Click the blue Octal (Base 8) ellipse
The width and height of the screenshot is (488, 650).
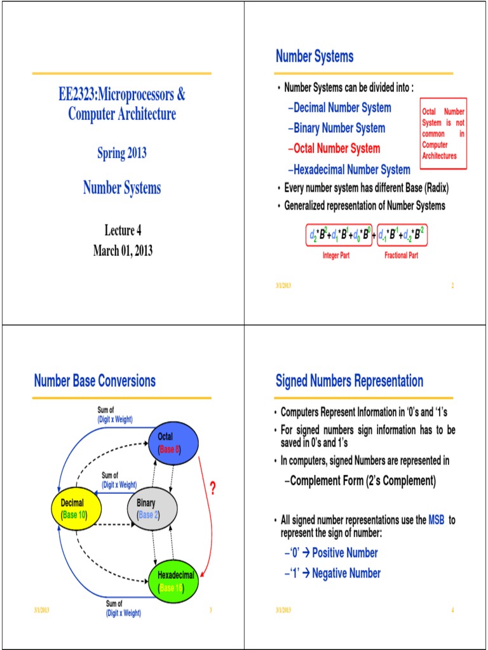(x=173, y=442)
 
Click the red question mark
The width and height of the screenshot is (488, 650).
(x=213, y=488)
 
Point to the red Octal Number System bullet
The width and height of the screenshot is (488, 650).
(x=334, y=149)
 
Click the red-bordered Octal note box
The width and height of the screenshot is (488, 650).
(x=444, y=133)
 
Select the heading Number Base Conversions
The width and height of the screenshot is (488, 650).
(x=95, y=381)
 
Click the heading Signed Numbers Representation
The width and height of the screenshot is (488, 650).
(x=349, y=381)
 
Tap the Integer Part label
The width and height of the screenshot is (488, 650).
(x=336, y=255)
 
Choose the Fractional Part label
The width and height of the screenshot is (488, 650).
(x=401, y=255)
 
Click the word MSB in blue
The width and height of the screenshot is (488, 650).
(x=437, y=520)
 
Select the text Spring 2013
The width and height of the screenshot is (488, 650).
(x=122, y=153)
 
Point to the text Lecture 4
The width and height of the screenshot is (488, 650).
(x=123, y=230)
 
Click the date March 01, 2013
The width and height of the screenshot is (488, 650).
(x=123, y=251)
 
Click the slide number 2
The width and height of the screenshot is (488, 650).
(x=452, y=286)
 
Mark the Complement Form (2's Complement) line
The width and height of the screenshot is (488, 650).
(x=359, y=481)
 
